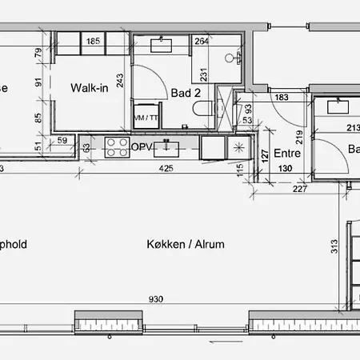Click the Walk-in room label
90,87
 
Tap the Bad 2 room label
186,94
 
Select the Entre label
286,154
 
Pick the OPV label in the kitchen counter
142,147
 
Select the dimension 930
156,299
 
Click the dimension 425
166,169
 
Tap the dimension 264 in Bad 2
202,42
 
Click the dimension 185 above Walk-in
93,41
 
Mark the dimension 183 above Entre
282,98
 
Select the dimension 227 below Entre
299,189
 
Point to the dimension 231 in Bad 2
204,75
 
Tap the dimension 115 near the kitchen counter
239,170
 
